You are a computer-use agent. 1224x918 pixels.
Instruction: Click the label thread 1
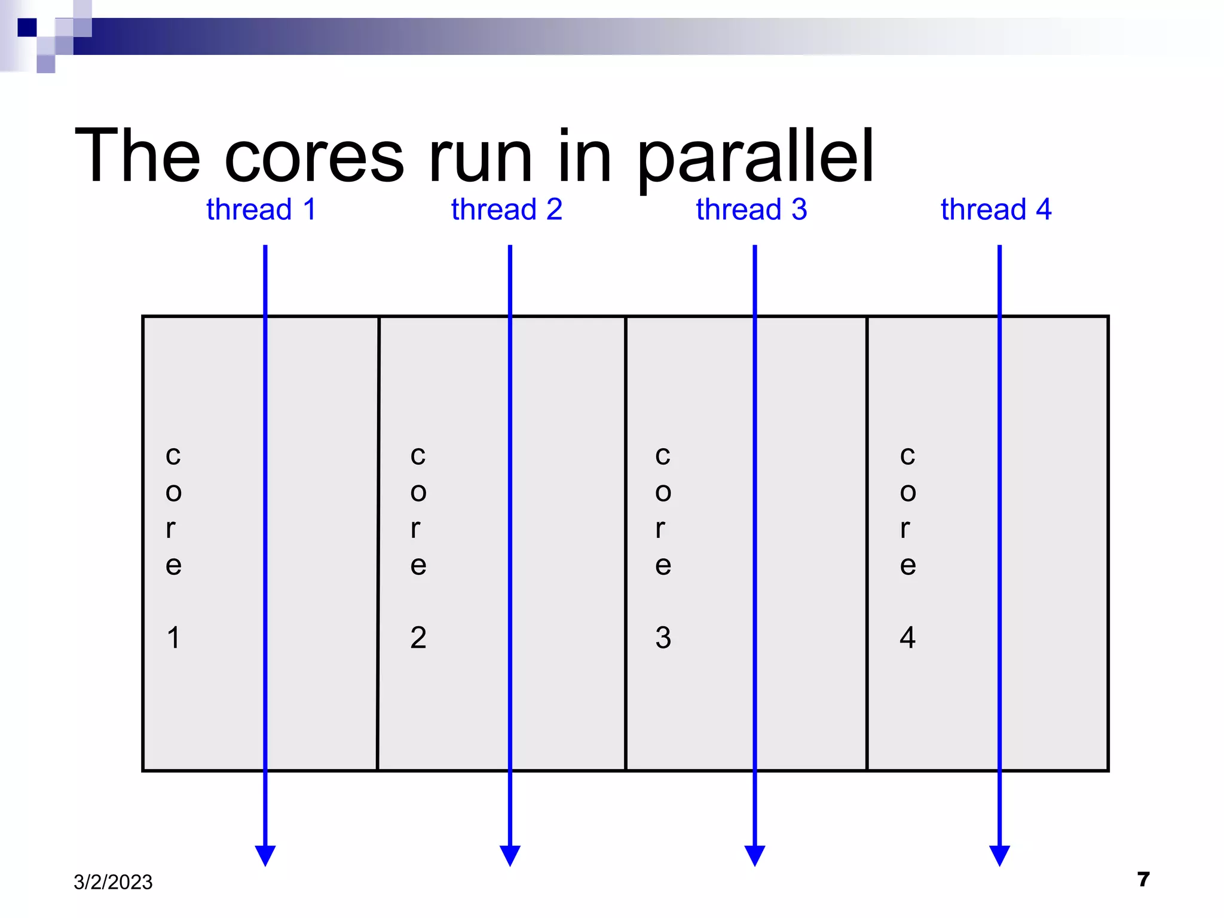point(261,210)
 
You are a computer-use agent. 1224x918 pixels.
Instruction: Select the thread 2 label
point(506,210)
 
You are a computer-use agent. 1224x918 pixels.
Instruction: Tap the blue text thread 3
point(751,210)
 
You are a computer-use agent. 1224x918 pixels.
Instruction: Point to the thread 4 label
point(996,210)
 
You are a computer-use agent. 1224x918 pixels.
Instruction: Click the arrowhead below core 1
point(265,855)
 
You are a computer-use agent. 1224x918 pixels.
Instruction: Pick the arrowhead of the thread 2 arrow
point(510,855)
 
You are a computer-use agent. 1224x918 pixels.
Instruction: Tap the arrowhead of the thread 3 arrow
point(755,855)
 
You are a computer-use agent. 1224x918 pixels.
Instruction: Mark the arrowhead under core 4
point(999,855)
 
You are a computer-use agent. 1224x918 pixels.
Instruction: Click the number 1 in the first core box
point(173,638)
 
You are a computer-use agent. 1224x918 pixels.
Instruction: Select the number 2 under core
point(418,638)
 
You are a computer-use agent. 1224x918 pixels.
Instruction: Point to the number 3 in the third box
point(663,638)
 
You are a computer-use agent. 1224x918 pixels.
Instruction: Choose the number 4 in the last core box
point(907,638)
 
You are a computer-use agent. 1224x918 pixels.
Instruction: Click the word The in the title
point(137,157)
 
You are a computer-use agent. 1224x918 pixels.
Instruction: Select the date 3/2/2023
point(113,882)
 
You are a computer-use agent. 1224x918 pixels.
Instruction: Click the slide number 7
point(1143,880)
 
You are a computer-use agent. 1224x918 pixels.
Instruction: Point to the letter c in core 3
point(663,456)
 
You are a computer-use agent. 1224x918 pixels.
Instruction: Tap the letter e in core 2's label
point(418,565)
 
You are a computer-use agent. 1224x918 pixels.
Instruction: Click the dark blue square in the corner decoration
point(27,27)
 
